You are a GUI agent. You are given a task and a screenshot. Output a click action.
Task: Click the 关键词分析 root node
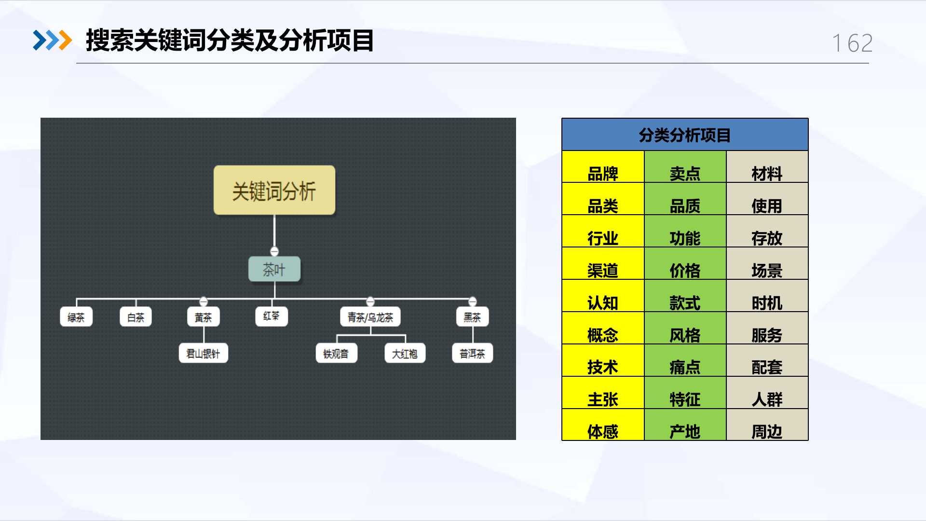[x=274, y=191]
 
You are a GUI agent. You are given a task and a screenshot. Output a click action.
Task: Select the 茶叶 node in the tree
[x=274, y=269]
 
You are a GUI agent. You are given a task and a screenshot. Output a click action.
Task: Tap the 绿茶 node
[x=76, y=317]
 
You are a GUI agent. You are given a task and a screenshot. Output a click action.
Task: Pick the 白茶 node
[x=136, y=317]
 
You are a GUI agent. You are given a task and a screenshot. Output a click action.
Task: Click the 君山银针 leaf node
[x=203, y=354]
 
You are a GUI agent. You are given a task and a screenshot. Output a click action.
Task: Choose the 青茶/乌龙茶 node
[x=370, y=317]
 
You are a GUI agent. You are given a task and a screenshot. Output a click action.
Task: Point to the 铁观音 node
[x=336, y=354]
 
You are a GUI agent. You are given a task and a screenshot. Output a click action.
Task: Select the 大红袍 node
[x=405, y=354]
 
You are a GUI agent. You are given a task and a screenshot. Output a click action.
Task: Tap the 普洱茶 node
[x=473, y=354]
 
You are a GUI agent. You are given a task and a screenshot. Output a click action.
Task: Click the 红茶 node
[x=272, y=316]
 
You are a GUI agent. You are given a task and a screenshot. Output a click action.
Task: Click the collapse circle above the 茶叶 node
[x=274, y=251]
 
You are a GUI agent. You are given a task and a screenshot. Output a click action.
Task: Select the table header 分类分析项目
[x=685, y=135]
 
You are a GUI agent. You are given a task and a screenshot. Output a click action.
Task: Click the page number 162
[x=852, y=43]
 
